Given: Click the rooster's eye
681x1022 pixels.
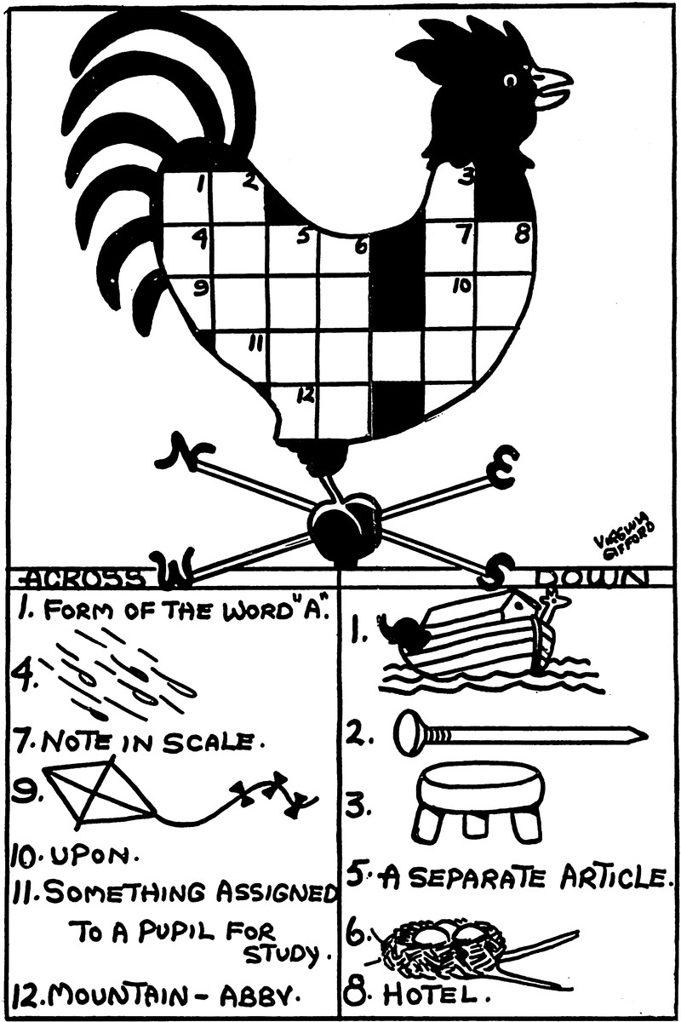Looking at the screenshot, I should (511, 80).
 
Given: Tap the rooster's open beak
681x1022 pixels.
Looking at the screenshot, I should (552, 88).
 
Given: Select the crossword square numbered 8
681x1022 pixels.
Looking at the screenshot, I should (509, 247).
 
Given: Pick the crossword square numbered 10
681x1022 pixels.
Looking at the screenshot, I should (452, 301).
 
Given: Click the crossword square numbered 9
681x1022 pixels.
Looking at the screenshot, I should (189, 301).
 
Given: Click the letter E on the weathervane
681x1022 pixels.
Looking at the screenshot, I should (501, 471).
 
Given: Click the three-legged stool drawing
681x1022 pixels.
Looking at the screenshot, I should (481, 801).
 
